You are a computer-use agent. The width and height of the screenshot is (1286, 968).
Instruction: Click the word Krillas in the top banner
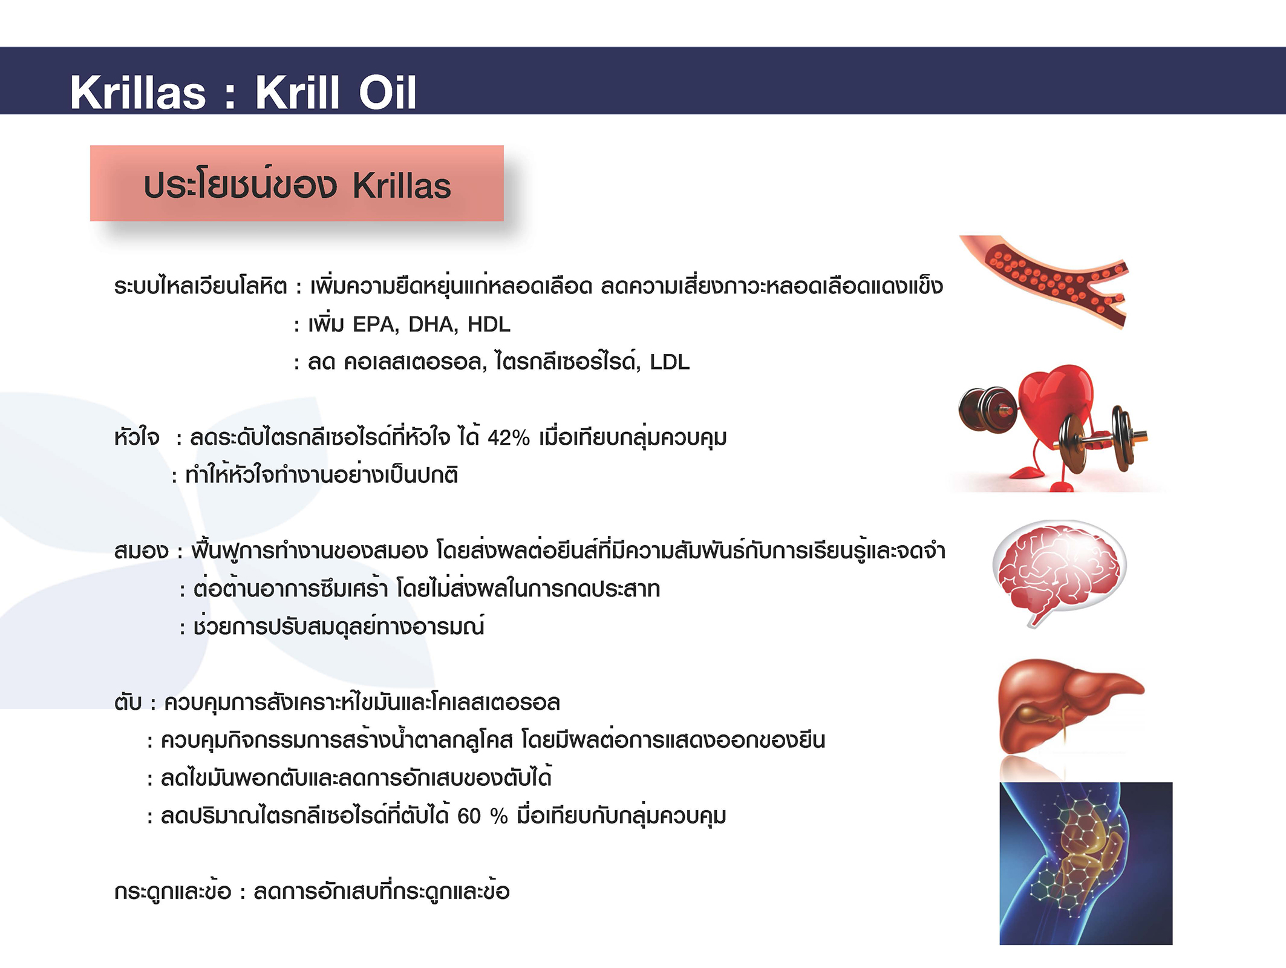coord(138,93)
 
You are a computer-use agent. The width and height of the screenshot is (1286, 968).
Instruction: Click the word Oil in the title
coord(387,93)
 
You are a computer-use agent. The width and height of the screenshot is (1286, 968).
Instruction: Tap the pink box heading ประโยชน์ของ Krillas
coord(296,183)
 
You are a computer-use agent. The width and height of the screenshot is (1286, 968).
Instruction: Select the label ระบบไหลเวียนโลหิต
coord(200,286)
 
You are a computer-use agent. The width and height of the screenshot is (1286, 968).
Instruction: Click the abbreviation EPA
coord(375,324)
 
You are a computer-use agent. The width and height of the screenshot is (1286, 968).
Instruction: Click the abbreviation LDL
coord(670,362)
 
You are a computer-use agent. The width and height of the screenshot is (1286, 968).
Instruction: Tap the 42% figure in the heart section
coord(508,437)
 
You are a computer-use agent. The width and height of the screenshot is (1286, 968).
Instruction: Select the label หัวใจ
coord(137,437)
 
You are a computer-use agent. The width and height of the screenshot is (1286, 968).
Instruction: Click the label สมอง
coord(141,551)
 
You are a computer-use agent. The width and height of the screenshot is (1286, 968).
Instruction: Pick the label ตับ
coord(128,703)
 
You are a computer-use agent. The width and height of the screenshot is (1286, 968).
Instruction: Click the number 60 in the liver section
coord(469,816)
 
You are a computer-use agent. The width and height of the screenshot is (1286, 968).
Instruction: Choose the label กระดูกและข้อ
coord(172,891)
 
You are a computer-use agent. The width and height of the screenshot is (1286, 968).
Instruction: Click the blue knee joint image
coord(1086,863)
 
